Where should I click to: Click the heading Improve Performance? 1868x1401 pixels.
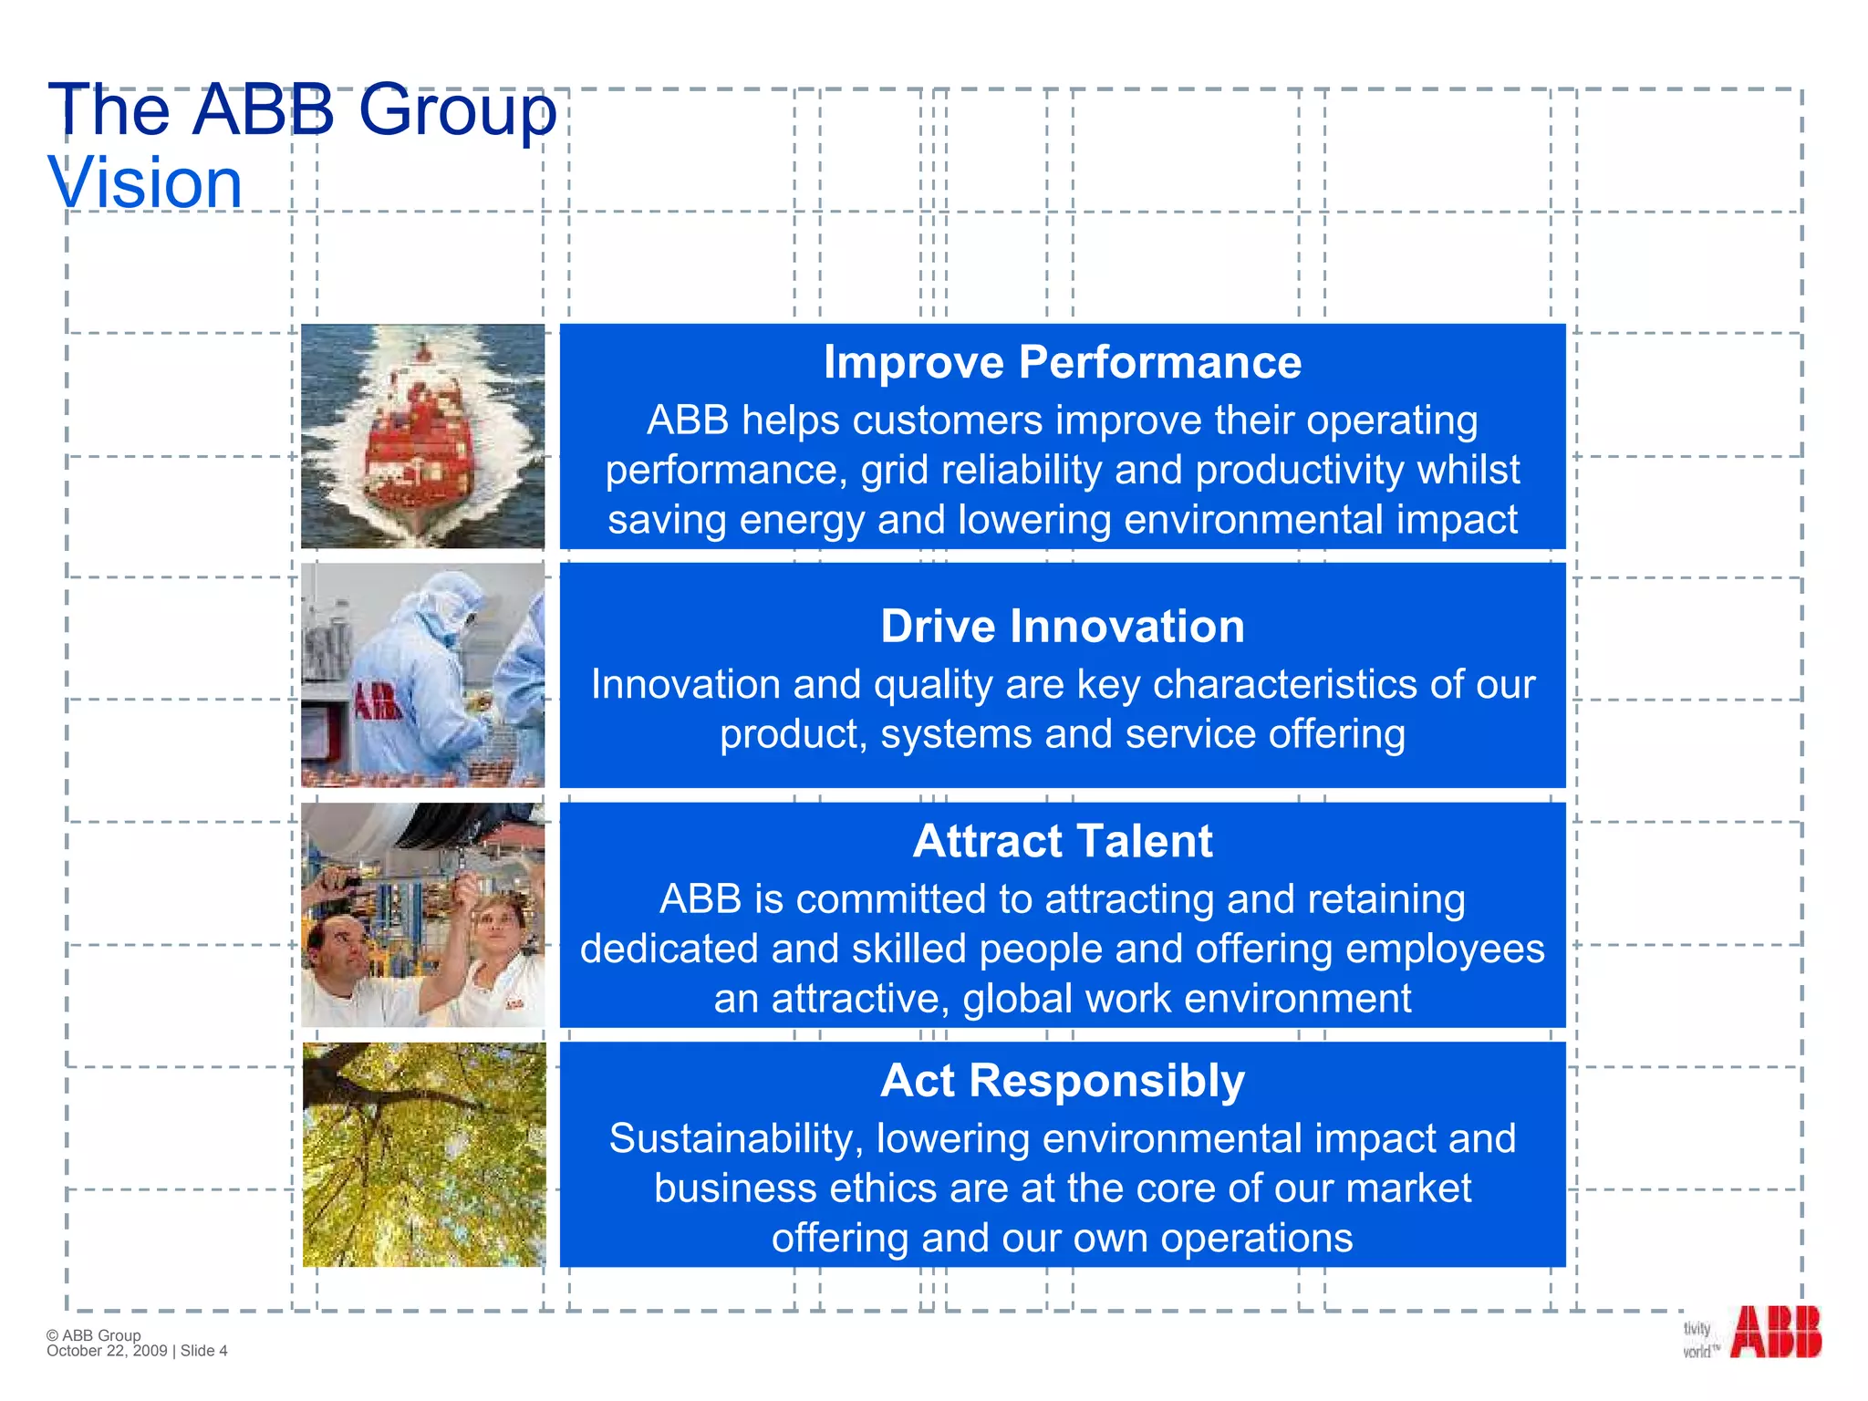tap(1062, 362)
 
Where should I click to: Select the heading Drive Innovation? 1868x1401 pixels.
tap(1062, 627)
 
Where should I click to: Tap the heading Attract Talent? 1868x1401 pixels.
tap(1062, 841)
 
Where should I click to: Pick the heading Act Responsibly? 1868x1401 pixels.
tap(1062, 1081)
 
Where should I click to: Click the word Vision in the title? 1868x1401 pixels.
tap(145, 183)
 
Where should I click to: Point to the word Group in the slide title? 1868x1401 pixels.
tap(457, 110)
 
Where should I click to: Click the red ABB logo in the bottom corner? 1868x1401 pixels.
tap(1775, 1333)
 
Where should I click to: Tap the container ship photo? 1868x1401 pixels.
tap(422, 436)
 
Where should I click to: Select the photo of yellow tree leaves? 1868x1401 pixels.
tap(423, 1155)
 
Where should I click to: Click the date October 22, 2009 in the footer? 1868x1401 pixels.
tap(107, 1351)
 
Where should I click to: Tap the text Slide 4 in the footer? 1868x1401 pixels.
tap(204, 1351)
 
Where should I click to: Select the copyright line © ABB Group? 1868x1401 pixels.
tap(93, 1334)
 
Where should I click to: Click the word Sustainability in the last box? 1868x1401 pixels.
tap(735, 1139)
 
